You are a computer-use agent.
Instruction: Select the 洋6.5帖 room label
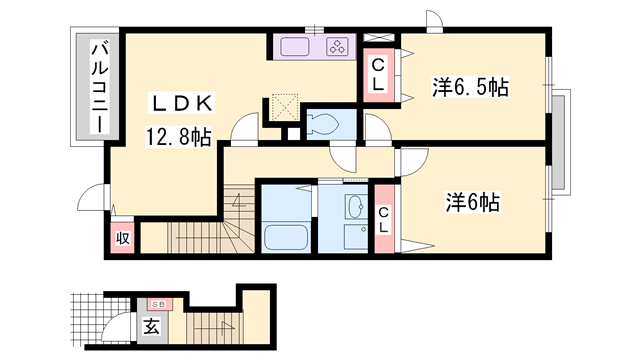coord(471,86)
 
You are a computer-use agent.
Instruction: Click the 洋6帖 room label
coord(472,202)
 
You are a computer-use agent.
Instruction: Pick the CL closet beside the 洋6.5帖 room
coord(379,76)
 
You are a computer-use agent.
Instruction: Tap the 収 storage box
coord(122,238)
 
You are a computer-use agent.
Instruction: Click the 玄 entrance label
coord(149,327)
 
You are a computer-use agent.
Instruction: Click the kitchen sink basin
coord(297,46)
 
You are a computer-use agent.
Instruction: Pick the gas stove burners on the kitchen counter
coord(337,46)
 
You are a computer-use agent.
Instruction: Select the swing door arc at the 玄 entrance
coord(117,325)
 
